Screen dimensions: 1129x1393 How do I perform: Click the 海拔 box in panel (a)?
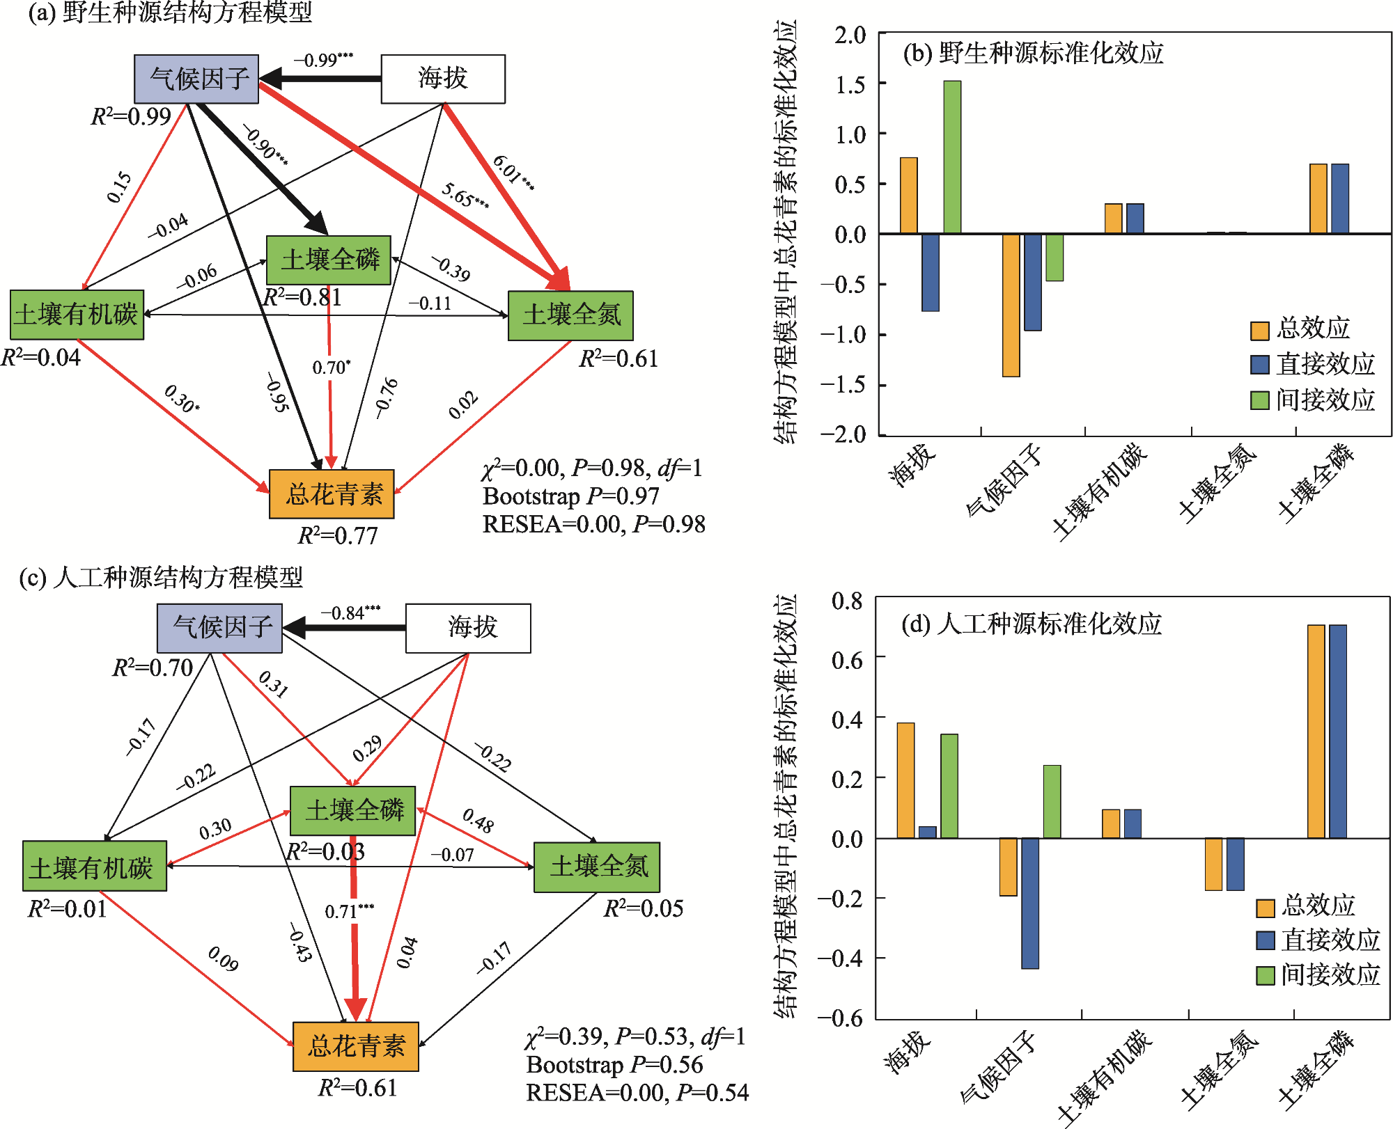(x=443, y=79)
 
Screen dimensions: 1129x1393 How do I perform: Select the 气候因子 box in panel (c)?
(x=220, y=628)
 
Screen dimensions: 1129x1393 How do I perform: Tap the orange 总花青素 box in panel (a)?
(x=332, y=494)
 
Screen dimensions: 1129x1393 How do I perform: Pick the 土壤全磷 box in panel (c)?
(x=353, y=811)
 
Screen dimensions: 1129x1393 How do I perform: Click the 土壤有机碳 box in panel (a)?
(x=77, y=315)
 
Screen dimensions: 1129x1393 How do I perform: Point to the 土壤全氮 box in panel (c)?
(x=597, y=867)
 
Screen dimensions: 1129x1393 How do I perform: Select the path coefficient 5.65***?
(x=465, y=196)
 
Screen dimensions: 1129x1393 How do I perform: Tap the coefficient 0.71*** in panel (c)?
(x=350, y=911)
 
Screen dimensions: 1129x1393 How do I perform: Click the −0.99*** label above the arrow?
(x=323, y=60)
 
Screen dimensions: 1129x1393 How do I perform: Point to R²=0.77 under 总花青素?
(x=338, y=535)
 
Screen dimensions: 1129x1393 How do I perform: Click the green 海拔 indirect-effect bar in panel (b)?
(x=952, y=157)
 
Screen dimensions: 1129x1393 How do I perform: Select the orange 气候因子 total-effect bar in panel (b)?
(x=1011, y=305)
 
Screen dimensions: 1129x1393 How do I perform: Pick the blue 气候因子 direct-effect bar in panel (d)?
(x=1029, y=903)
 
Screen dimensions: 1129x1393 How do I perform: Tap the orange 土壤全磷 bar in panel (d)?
(x=1316, y=731)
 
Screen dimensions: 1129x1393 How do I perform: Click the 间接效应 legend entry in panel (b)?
(x=1313, y=400)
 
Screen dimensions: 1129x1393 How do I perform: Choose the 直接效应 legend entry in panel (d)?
(x=1318, y=940)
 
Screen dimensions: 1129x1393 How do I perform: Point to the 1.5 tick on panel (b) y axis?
(x=850, y=84)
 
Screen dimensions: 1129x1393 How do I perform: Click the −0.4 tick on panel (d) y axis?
(x=841, y=958)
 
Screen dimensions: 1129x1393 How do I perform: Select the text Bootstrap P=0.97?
(x=570, y=496)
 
